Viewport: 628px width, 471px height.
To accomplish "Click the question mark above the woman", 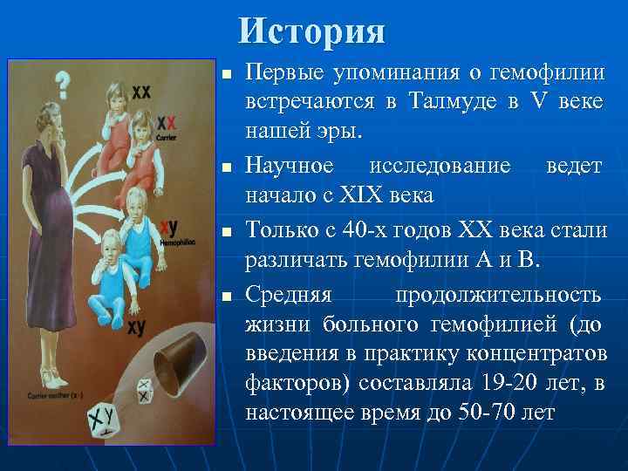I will pos(62,85).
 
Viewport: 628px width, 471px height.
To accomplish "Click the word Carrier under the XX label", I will pos(163,138).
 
